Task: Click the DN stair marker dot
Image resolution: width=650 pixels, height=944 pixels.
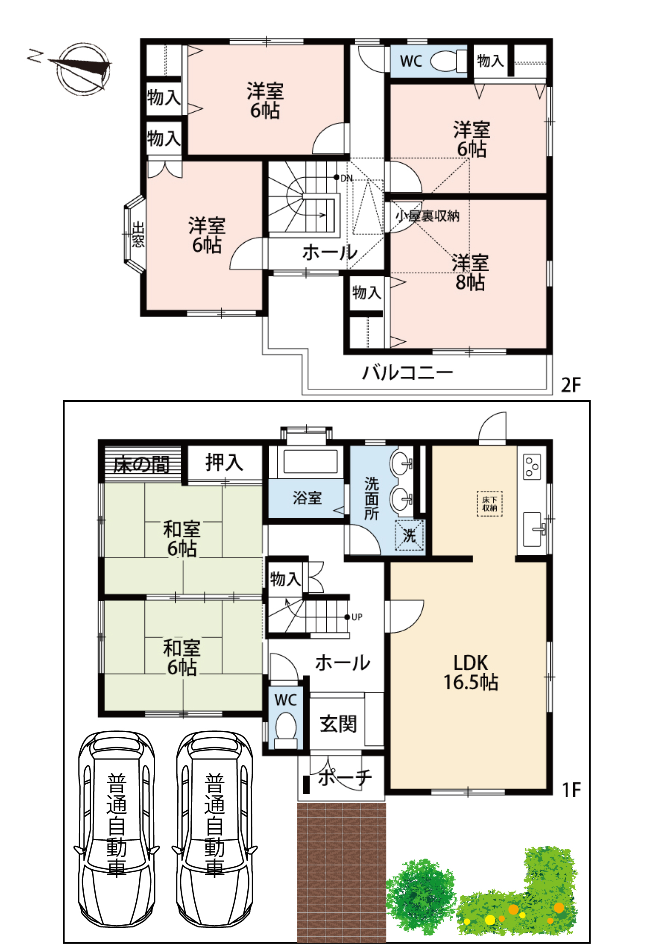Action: click(x=337, y=177)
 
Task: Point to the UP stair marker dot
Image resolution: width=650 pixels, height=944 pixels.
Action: click(x=347, y=617)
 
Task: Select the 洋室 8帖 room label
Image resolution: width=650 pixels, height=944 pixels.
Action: click(x=470, y=273)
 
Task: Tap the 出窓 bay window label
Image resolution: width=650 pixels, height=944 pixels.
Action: click(x=138, y=235)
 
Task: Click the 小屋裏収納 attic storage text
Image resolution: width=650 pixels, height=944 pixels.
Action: click(x=427, y=216)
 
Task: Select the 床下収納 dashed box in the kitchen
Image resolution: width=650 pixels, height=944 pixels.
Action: click(x=489, y=504)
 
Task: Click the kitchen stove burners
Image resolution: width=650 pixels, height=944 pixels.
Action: click(x=532, y=466)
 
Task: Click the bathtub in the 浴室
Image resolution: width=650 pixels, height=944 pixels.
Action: click(x=310, y=461)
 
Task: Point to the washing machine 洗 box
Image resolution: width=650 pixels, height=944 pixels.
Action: click(x=409, y=535)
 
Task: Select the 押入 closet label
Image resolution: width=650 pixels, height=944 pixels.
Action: click(x=224, y=462)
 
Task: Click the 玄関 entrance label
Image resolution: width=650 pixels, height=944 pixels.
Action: click(x=338, y=724)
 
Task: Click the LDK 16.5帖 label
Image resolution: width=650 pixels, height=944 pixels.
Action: click(x=470, y=672)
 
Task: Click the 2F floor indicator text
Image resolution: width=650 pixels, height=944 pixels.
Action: click(x=571, y=385)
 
